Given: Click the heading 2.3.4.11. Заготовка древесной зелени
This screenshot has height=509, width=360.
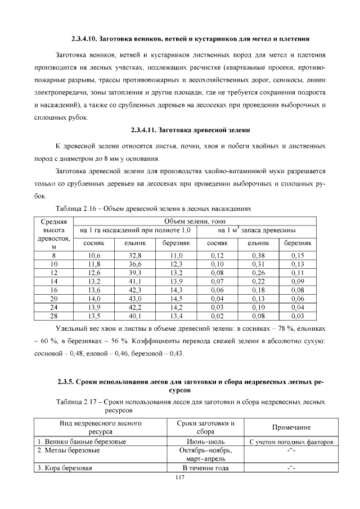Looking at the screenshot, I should (x=190, y=130).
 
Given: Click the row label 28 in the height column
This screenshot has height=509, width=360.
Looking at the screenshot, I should (x=54, y=316).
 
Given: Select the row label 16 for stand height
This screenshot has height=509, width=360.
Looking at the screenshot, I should (x=54, y=290).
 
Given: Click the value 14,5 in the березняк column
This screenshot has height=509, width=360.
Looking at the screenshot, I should (x=177, y=299).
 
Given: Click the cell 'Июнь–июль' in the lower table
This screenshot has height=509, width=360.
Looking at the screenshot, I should (x=205, y=442).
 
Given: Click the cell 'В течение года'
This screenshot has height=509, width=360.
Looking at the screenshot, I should (x=205, y=468).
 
